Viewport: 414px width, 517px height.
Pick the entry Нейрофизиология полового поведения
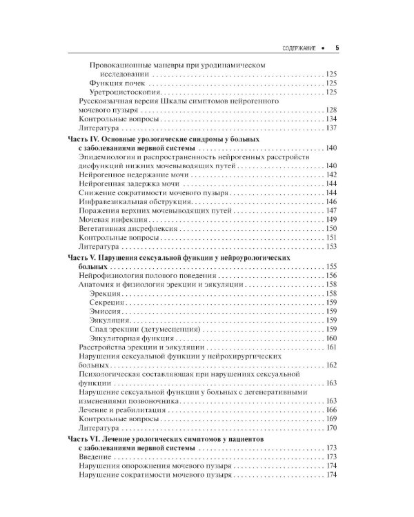click(135, 275)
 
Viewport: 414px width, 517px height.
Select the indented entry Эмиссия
click(106, 311)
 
